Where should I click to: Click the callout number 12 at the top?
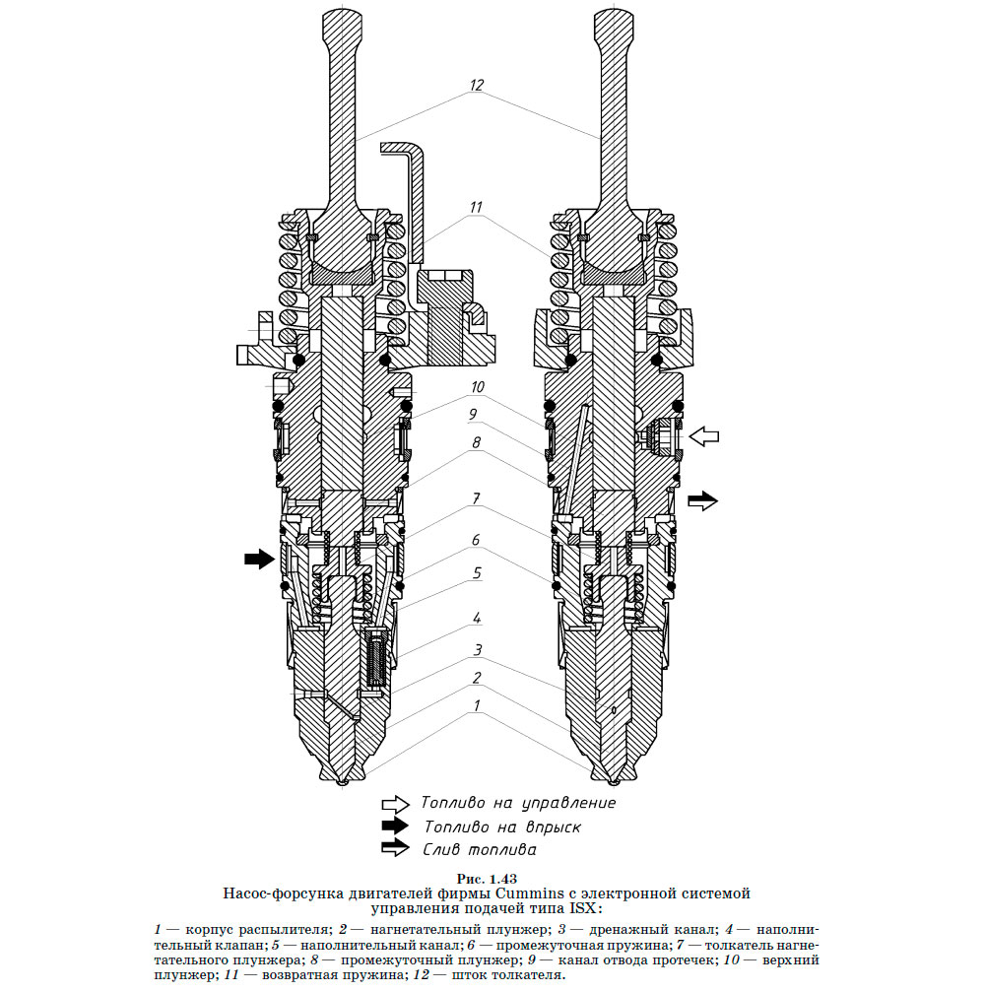click(x=477, y=85)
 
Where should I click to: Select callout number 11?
click(x=477, y=208)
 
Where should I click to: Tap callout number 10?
click(x=477, y=387)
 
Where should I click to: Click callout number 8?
click(x=477, y=444)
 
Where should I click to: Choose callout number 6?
click(x=477, y=540)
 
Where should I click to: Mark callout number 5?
click(x=477, y=571)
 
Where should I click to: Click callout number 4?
click(x=477, y=618)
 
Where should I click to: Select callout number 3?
click(x=477, y=649)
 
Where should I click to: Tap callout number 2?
click(x=477, y=678)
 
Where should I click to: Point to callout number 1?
click(x=477, y=705)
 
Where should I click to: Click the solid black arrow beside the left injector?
click(x=259, y=560)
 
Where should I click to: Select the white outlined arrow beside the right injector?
click(x=704, y=435)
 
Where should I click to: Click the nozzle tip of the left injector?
click(x=341, y=782)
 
